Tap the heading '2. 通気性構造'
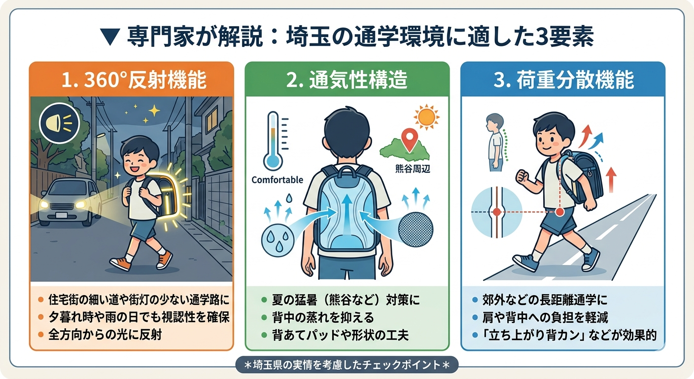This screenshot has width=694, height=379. pyautogui.click(x=347, y=80)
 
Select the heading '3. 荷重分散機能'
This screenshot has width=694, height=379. pyautogui.click(x=563, y=80)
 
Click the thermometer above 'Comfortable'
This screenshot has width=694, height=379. pyautogui.click(x=273, y=141)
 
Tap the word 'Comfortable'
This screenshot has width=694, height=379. pyautogui.click(x=277, y=180)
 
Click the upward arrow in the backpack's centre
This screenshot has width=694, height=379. pyautogui.click(x=347, y=212)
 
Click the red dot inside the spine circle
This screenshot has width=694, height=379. pyautogui.click(x=496, y=211)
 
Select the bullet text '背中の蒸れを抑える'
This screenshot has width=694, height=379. pyautogui.click(x=323, y=317)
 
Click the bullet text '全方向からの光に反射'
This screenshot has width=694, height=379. pyautogui.click(x=106, y=335)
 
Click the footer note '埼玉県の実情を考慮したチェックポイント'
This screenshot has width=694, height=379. pyautogui.click(x=347, y=365)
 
